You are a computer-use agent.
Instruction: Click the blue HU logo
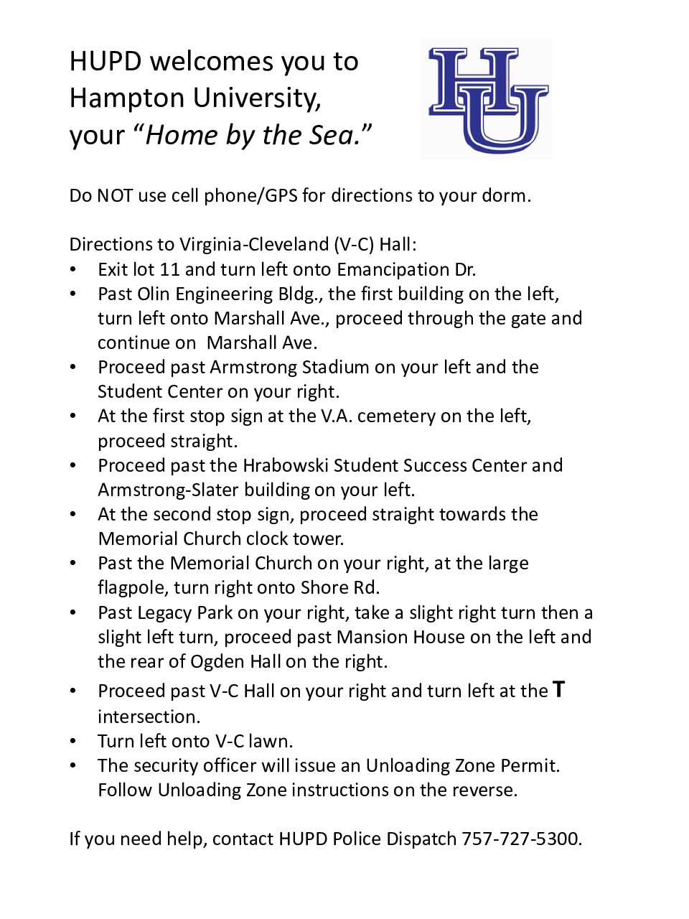coord(487,99)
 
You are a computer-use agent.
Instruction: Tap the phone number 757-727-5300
coord(520,839)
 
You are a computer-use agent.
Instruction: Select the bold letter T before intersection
coord(559,690)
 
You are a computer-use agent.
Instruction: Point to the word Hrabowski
coord(286,465)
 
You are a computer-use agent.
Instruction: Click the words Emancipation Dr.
coord(406,269)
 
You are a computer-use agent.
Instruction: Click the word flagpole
coord(133,587)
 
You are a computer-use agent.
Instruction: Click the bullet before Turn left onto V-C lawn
coord(73,741)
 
